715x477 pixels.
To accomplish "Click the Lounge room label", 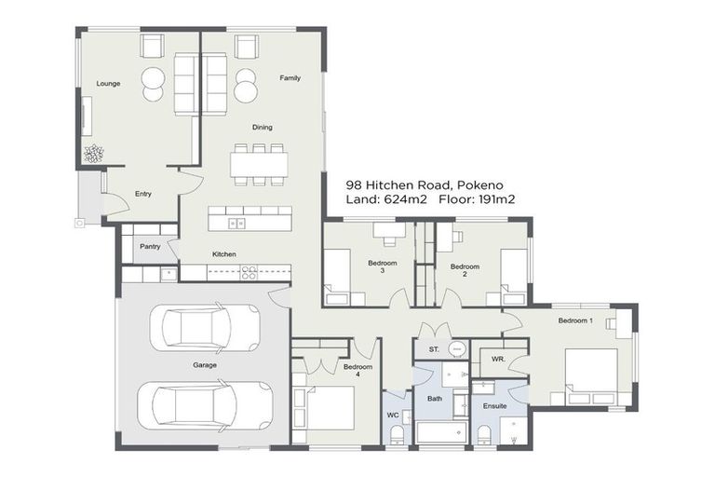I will point(107,84).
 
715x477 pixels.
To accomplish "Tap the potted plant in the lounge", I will point(93,154).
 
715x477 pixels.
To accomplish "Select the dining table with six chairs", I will point(259,164).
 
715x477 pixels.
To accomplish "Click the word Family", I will point(290,78).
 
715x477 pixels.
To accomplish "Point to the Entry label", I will point(142,194).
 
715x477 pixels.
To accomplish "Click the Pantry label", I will point(150,247).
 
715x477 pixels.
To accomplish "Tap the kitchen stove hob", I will point(249,272).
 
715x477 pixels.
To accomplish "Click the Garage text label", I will point(205,365).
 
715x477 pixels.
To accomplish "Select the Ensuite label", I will point(494,406).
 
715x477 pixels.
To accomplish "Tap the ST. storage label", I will point(433,349).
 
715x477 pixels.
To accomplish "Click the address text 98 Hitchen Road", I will point(399,185).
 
